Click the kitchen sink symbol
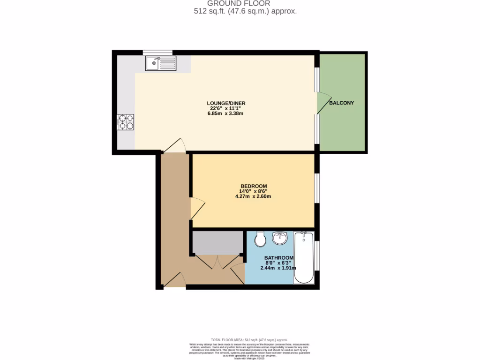[160, 63]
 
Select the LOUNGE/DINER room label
[226, 103]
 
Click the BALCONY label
[341, 103]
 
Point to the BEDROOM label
[253, 186]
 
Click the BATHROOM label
[279, 258]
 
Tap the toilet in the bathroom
[260, 240]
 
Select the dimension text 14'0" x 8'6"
[253, 191]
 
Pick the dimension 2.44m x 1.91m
[279, 268]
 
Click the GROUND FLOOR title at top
[245, 3]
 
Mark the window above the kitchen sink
[158, 52]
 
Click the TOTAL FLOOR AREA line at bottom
[249, 339]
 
